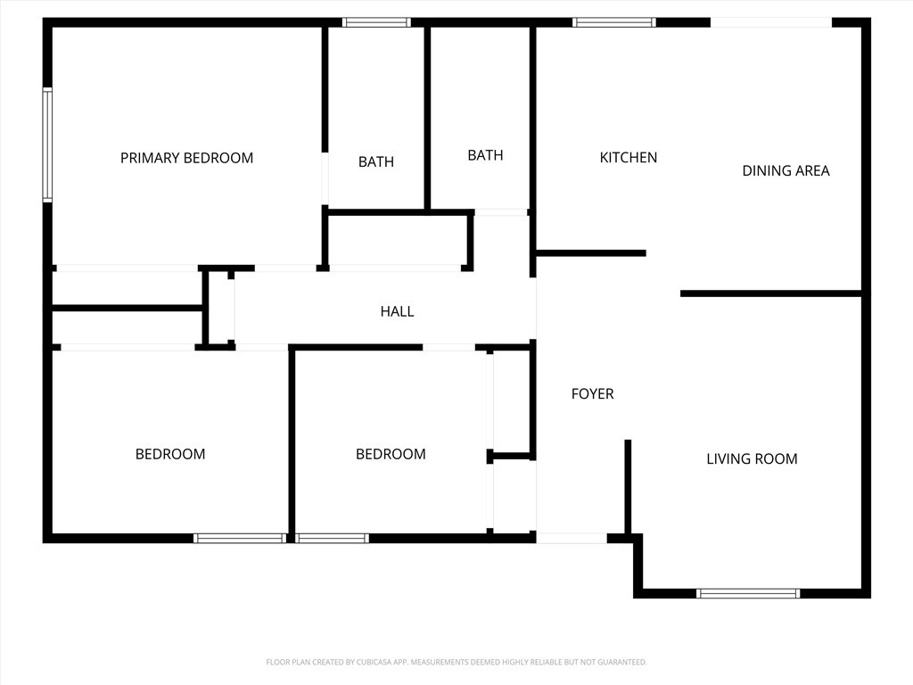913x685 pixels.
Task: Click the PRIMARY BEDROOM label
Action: pyautogui.click(x=186, y=158)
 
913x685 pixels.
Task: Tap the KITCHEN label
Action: pyautogui.click(x=629, y=157)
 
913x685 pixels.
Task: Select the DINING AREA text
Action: pyautogui.click(x=786, y=170)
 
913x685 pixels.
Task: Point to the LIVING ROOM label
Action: pyautogui.click(x=752, y=458)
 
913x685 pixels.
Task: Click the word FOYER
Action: pyautogui.click(x=592, y=393)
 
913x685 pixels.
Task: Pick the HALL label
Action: pyautogui.click(x=397, y=311)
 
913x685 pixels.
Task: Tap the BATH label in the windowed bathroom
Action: pyautogui.click(x=376, y=161)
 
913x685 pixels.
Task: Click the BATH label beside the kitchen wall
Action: pyautogui.click(x=485, y=155)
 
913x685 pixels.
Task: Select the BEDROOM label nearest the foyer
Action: pyautogui.click(x=391, y=454)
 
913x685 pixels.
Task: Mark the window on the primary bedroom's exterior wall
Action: pyautogui.click(x=48, y=144)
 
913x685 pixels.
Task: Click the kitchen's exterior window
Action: pyautogui.click(x=613, y=22)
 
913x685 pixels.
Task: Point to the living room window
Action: pyautogui.click(x=748, y=593)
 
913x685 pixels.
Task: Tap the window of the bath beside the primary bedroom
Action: pyautogui.click(x=376, y=22)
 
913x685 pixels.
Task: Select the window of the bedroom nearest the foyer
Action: pyautogui.click(x=332, y=538)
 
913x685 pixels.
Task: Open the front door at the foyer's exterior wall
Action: pyautogui.click(x=572, y=538)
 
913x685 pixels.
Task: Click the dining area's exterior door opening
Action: pyautogui.click(x=771, y=22)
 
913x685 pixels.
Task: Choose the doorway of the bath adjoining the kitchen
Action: pyautogui.click(x=500, y=212)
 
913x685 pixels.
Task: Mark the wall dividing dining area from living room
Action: pyautogui.click(x=771, y=293)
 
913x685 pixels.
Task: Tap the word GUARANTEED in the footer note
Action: pyautogui.click(x=621, y=662)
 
